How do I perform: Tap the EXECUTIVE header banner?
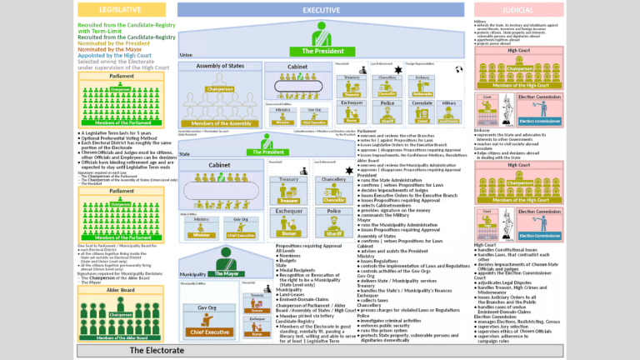coord(321,9)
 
